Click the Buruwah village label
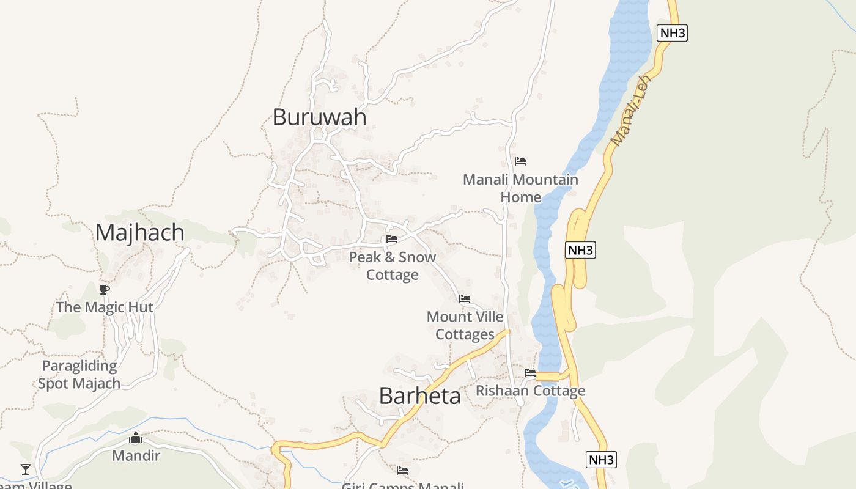tap(319, 117)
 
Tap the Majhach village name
tap(139, 233)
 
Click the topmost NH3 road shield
tap(672, 33)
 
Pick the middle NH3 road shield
tap(580, 250)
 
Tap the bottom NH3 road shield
tap(601, 460)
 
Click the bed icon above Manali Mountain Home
tap(520, 161)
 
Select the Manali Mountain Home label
tap(520, 188)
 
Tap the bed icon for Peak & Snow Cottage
tap(392, 239)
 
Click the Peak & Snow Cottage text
tap(393, 266)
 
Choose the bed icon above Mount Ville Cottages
tap(465, 299)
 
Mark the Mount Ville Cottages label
tap(465, 326)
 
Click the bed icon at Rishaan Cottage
tap(530, 373)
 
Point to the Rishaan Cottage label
tap(531, 391)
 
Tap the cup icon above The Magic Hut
tap(105, 289)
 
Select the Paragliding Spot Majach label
tap(79, 375)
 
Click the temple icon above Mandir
tap(136, 438)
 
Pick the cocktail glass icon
tap(26, 469)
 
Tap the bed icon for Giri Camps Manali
tap(402, 471)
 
